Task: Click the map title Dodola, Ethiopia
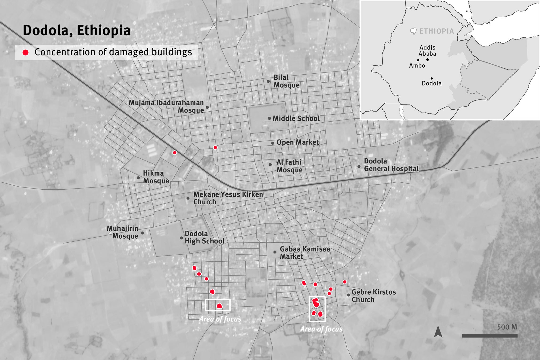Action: (77, 30)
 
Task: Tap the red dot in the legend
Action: (26, 52)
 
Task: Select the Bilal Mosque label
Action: (286, 81)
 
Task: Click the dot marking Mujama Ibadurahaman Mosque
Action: (207, 107)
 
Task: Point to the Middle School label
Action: (296, 118)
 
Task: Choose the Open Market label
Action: (298, 142)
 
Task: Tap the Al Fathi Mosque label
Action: (289, 166)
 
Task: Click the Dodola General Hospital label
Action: (391, 165)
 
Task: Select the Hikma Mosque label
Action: (156, 177)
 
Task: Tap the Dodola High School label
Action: (204, 237)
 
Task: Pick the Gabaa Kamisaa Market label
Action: (305, 253)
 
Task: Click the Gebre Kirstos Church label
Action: (374, 296)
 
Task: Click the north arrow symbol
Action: (438, 331)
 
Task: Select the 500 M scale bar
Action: (490, 336)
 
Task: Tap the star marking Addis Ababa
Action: (427, 60)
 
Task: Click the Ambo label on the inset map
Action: (417, 66)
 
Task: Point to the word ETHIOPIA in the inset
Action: (437, 31)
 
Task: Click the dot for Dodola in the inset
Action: (432, 78)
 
